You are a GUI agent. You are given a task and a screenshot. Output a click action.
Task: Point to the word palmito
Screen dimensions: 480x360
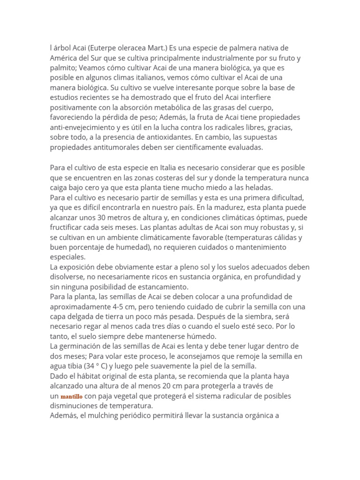coord(63,68)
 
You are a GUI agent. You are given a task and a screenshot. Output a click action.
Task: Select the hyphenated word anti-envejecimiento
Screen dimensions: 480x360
coord(83,127)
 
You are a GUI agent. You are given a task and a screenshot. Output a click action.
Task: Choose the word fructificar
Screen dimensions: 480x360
coord(68,227)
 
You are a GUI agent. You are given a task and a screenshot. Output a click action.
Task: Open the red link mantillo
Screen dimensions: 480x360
coord(71,397)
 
